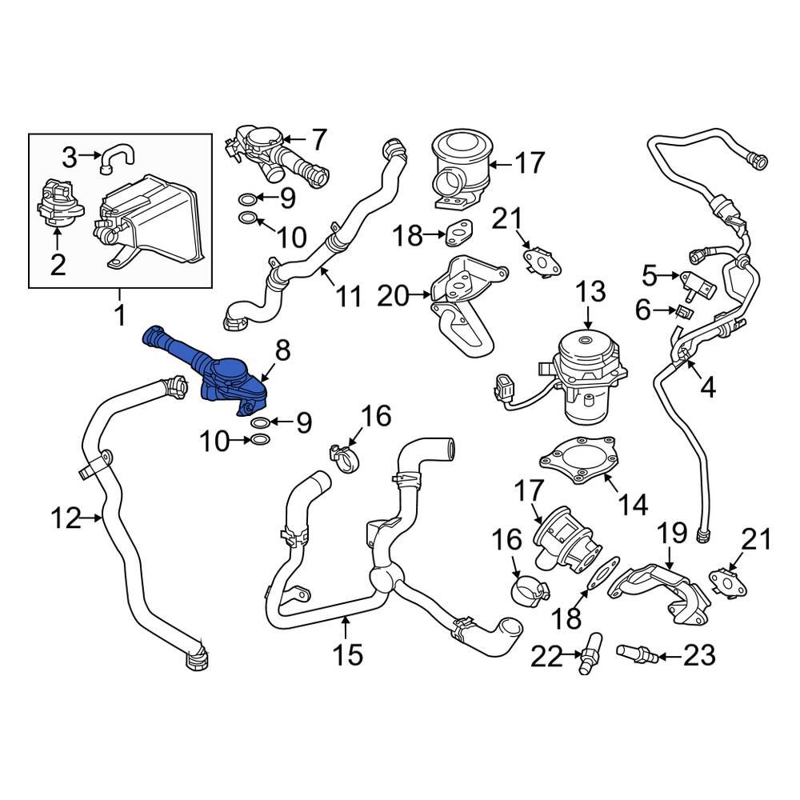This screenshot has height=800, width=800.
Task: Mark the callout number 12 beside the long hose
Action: tap(66, 519)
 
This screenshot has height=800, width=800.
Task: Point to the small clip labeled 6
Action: tap(684, 310)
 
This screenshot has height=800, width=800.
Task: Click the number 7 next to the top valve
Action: tap(318, 141)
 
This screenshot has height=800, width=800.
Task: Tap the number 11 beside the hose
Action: tap(349, 297)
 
